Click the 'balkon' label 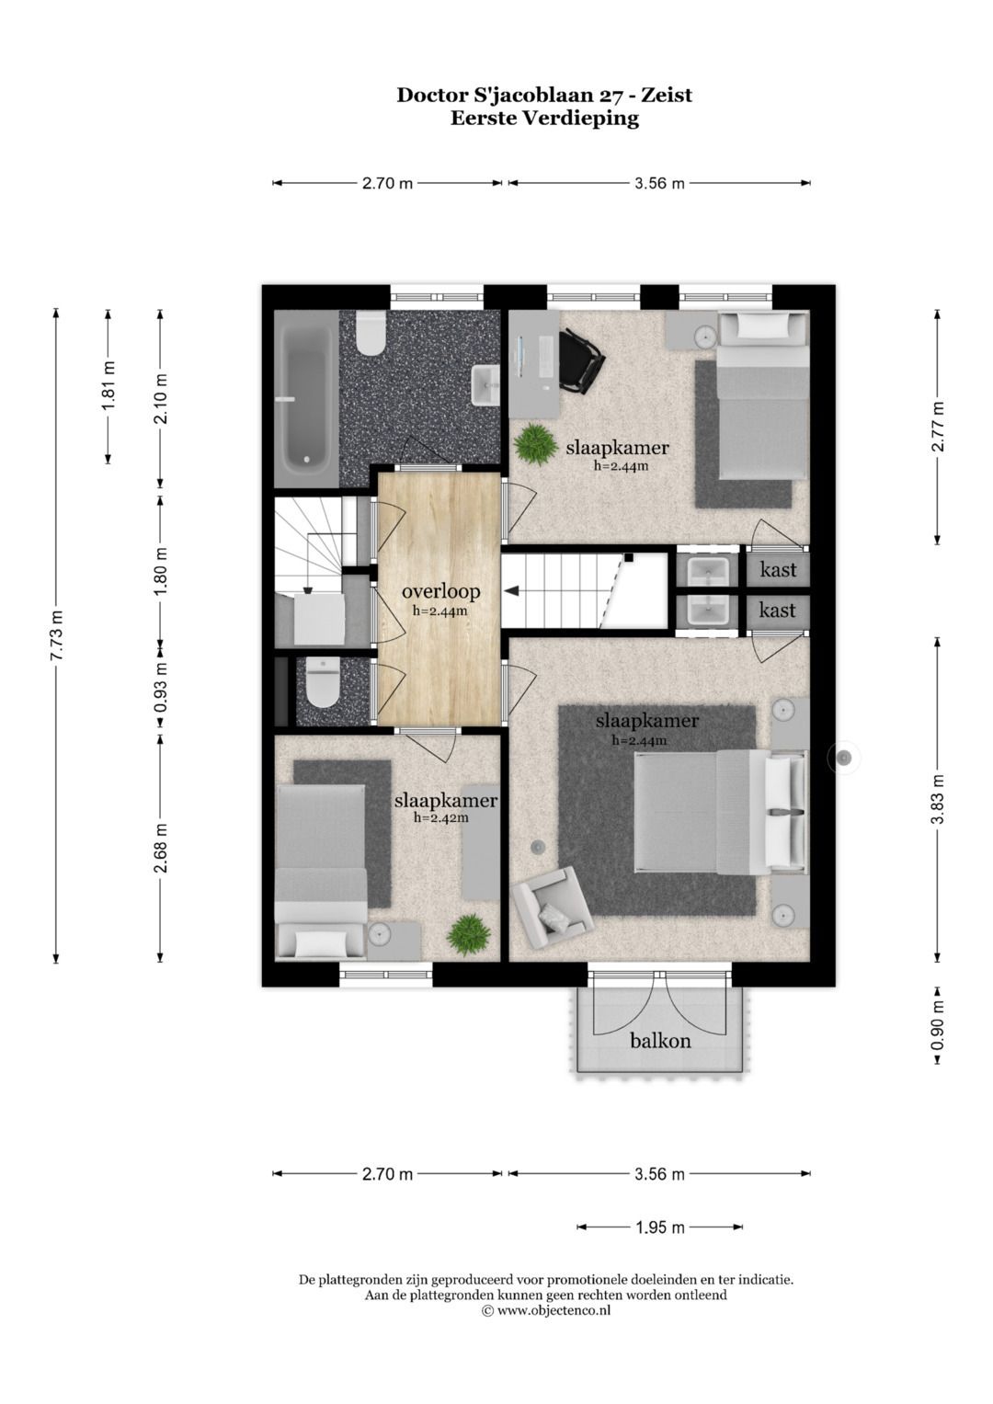(660, 1041)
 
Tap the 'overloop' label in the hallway (440, 591)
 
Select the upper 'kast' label (778, 570)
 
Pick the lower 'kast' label (777, 610)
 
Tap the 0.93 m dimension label (161, 689)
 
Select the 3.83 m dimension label (937, 799)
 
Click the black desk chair (580, 361)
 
